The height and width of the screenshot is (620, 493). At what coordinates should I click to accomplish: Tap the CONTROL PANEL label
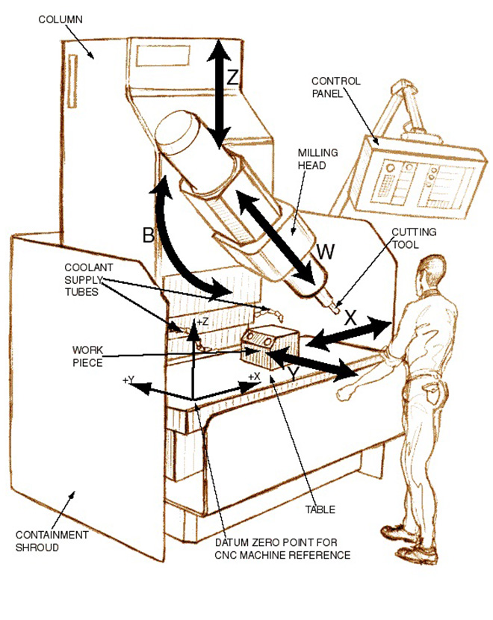click(x=333, y=87)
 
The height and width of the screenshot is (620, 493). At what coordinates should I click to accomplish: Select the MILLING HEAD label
click(x=317, y=158)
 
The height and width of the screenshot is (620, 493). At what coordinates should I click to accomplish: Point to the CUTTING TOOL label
click(x=414, y=238)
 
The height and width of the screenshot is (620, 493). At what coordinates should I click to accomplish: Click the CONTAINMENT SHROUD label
click(x=52, y=541)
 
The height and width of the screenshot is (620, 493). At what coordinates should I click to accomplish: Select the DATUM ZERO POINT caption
click(x=282, y=549)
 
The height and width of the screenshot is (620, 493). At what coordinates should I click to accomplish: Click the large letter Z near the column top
click(x=233, y=77)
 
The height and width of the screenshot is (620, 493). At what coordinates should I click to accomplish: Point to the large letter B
click(x=148, y=235)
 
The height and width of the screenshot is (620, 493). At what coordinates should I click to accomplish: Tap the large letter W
click(x=325, y=252)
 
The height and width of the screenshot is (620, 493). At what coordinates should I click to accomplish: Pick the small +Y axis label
click(x=128, y=380)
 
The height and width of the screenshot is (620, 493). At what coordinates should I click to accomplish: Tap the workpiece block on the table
click(x=273, y=345)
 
